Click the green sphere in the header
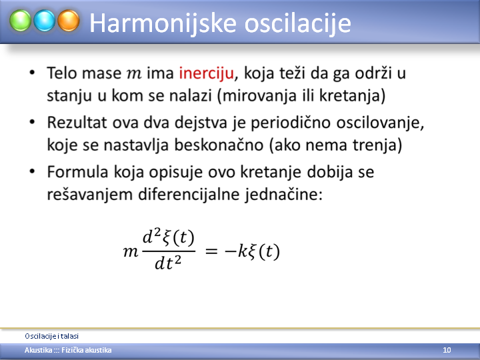click(20, 21)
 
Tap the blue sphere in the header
click(45, 21)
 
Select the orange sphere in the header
click(69, 21)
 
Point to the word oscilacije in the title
click(297, 23)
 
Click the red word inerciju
click(206, 74)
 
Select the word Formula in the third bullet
click(77, 172)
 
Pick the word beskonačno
click(219, 145)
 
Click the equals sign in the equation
click(211, 252)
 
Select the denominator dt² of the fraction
click(168, 263)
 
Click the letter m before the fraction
click(131, 253)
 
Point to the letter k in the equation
click(243, 251)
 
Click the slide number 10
click(447, 350)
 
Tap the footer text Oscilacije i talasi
click(52, 336)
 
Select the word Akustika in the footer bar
click(38, 350)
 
